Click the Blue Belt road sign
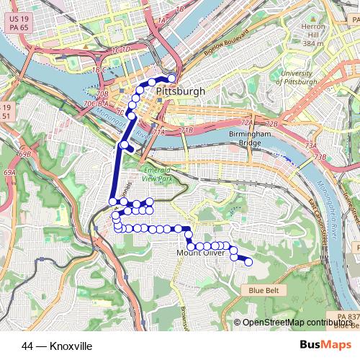point(262,290)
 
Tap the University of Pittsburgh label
point(297,78)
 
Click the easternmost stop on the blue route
point(249,262)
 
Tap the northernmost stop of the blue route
point(172,78)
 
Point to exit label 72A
point(247,124)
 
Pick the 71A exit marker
point(159,132)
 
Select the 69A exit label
point(9,173)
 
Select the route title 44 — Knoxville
point(57,346)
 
